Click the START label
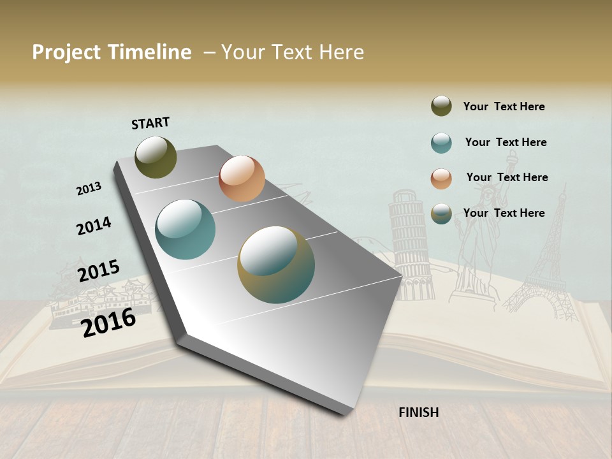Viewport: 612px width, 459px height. (150, 123)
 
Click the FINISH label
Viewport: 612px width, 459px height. (418, 412)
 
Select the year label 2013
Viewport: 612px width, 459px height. (89, 189)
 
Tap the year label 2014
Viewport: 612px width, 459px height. (94, 226)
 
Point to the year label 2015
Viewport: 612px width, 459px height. (99, 271)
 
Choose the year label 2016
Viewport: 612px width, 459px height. (108, 323)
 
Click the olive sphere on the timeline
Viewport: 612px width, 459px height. (156, 157)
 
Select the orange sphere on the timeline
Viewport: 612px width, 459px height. (242, 178)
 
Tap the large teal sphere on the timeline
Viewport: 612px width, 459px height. (186, 229)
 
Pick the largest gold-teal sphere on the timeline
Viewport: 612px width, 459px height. (276, 265)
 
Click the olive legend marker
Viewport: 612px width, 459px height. (441, 106)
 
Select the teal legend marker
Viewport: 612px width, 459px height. (441, 143)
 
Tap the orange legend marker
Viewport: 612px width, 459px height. (441, 178)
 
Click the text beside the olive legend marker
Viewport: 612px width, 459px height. (504, 107)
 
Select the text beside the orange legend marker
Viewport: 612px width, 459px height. (507, 177)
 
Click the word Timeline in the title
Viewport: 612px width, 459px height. (150, 52)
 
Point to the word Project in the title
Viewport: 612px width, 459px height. (66, 52)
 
